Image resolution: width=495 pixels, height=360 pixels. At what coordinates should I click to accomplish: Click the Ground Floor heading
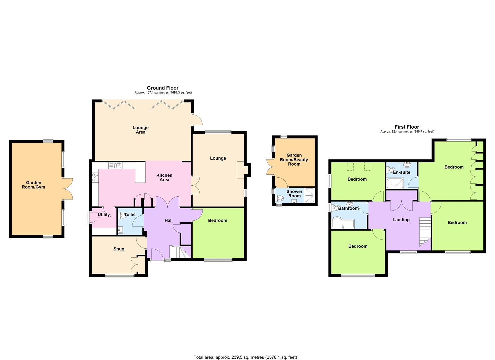pyautogui.click(x=162, y=88)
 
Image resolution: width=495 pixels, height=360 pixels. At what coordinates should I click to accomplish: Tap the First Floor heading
pyautogui.click(x=407, y=127)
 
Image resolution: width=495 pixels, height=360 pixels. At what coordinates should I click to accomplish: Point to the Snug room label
pyautogui.click(x=119, y=249)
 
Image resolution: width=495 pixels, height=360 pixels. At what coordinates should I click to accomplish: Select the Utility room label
pyautogui.click(x=104, y=215)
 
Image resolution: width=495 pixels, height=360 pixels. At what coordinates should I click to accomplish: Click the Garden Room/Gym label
pyautogui.click(x=33, y=185)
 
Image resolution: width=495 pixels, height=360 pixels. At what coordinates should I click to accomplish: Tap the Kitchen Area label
pyautogui.click(x=164, y=177)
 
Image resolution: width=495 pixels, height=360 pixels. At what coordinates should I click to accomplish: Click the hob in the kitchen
pyautogui.click(x=95, y=177)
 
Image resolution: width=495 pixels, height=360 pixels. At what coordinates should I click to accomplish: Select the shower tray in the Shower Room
pyautogui.click(x=309, y=195)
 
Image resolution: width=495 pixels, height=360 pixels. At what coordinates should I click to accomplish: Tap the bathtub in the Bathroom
pyautogui.click(x=343, y=224)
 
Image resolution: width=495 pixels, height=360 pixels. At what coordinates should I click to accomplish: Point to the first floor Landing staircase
pyautogui.click(x=425, y=232)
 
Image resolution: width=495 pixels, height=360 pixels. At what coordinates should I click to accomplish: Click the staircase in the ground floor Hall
pyautogui.click(x=180, y=252)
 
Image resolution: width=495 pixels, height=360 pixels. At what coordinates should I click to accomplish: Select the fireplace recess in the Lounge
pyautogui.click(x=240, y=170)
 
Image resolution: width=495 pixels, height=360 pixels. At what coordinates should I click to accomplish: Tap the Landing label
pyautogui.click(x=401, y=220)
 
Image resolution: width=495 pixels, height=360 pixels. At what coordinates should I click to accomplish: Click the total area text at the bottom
pyautogui.click(x=245, y=345)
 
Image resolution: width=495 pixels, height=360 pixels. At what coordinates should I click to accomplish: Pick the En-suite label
pyautogui.click(x=402, y=172)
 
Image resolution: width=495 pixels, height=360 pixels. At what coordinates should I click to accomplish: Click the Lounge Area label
pyautogui.click(x=141, y=130)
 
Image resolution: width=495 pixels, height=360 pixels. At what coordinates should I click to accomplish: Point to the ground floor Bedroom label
pyautogui.click(x=217, y=220)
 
